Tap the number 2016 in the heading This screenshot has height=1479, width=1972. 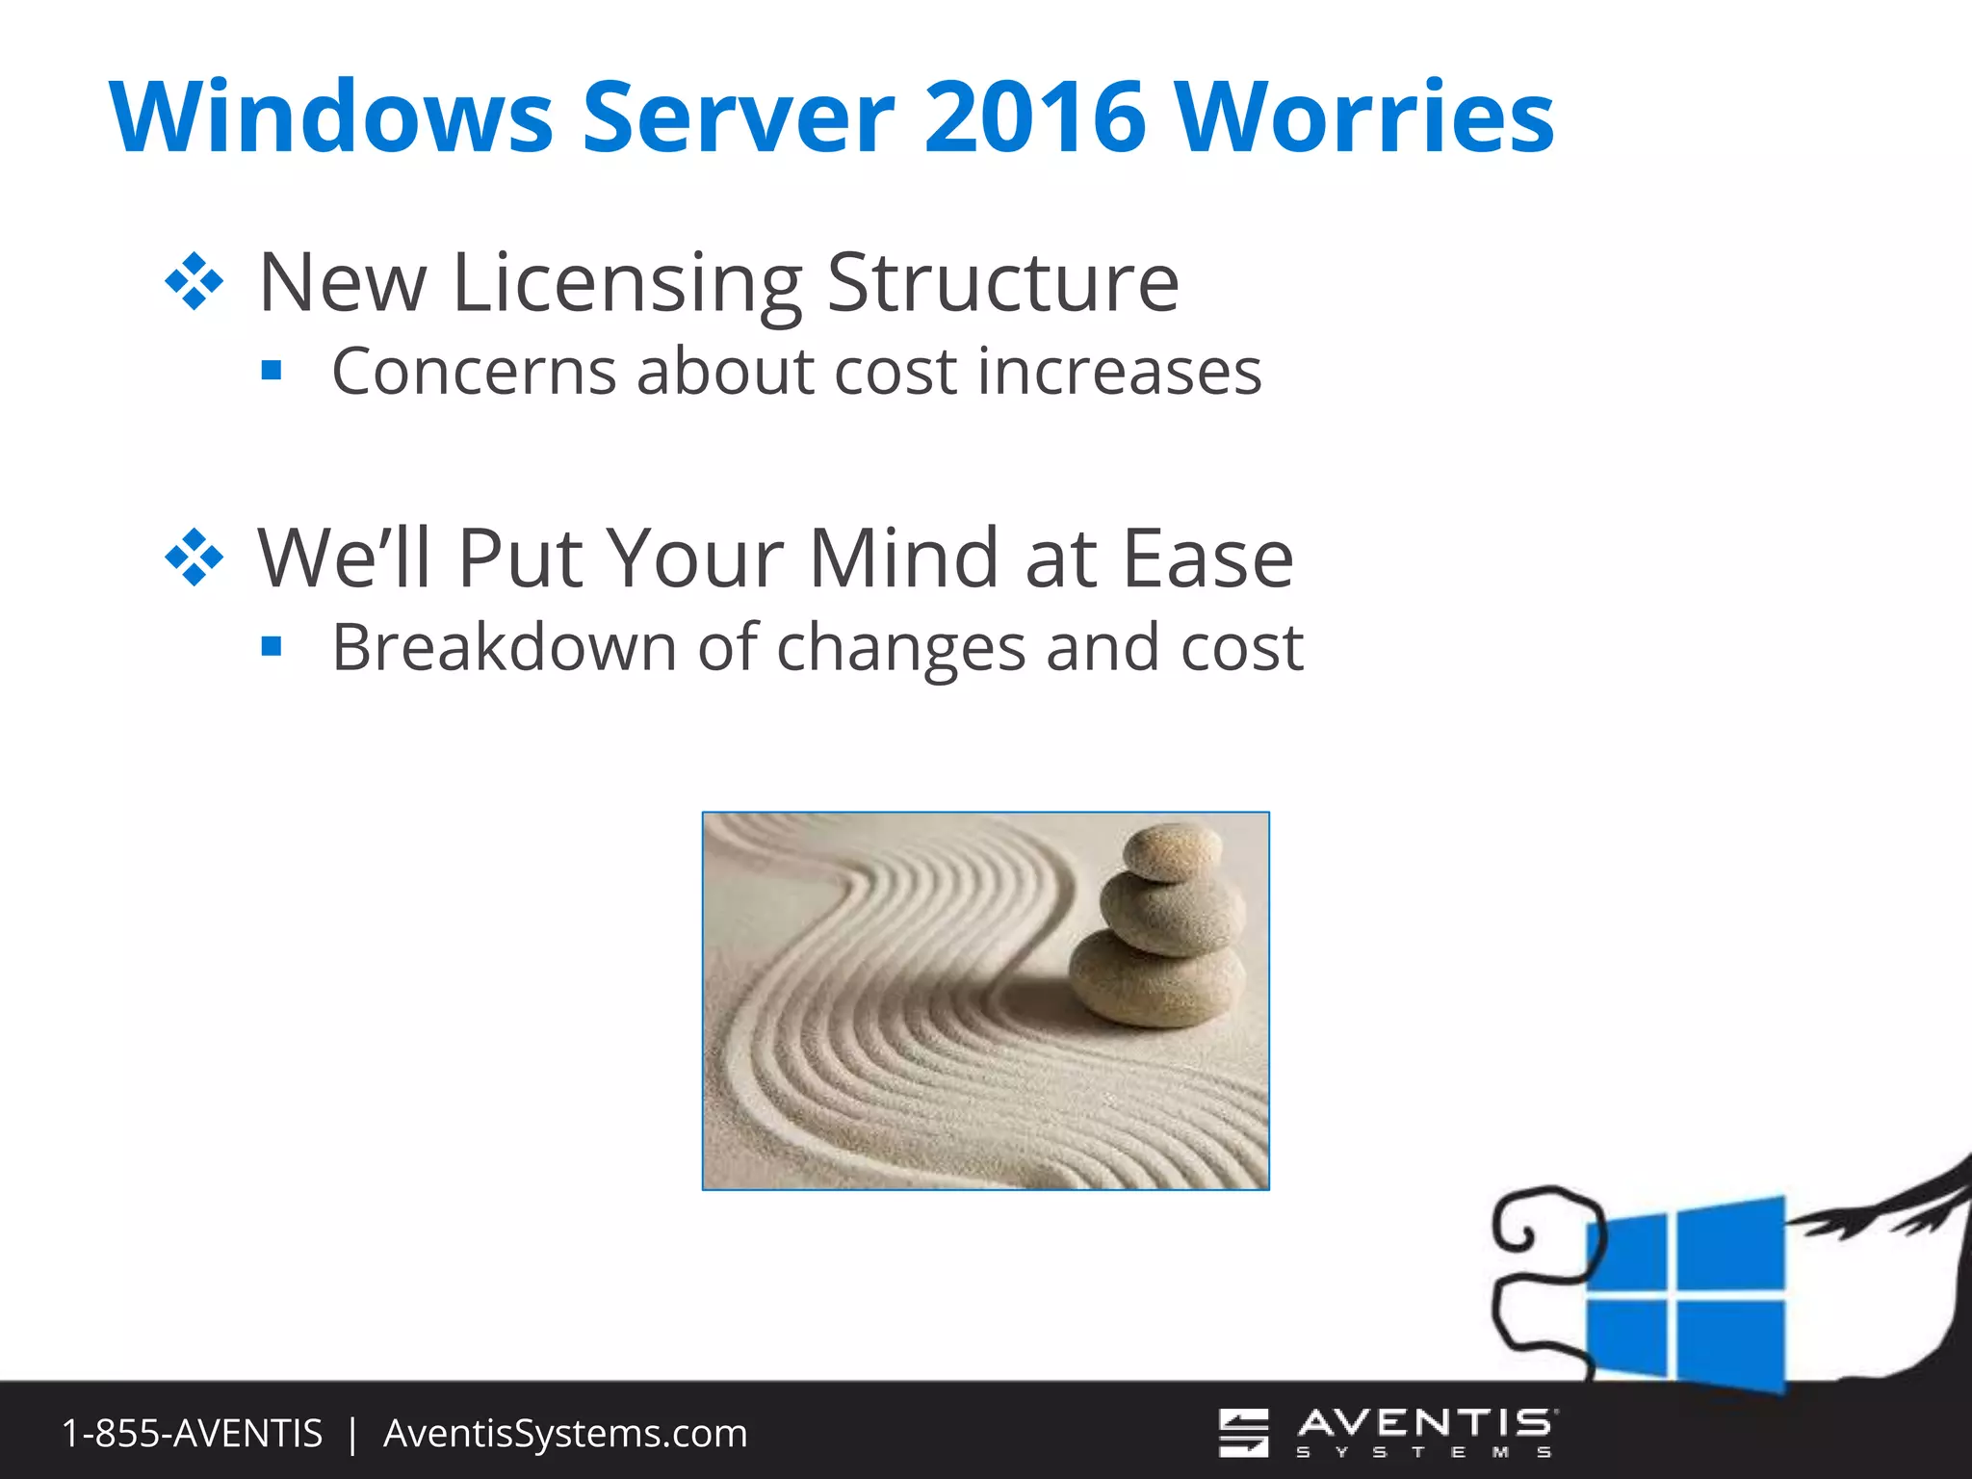tap(1035, 117)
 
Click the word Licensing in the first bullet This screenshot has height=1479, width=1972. tap(627, 283)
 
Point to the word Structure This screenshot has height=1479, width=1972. tap(1002, 283)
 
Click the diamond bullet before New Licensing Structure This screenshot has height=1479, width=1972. tap(195, 281)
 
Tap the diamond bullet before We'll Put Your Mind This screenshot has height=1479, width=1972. tap(195, 558)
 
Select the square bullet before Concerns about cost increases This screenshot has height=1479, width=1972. tap(272, 371)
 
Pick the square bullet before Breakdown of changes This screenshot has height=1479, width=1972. tap(272, 646)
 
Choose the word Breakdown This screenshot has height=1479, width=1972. tap(504, 647)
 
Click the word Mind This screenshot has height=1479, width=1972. tap(903, 558)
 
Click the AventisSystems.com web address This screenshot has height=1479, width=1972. tap(565, 1434)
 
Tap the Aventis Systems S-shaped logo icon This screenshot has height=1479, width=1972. tap(1243, 1433)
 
